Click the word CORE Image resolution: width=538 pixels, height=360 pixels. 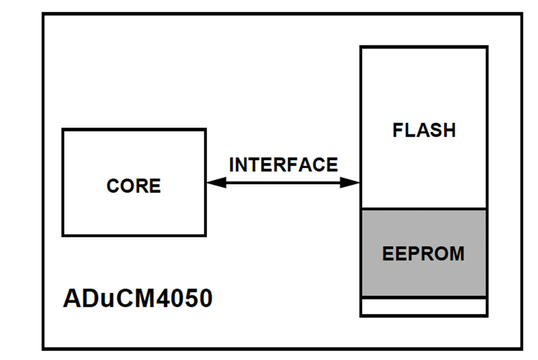coord(133,186)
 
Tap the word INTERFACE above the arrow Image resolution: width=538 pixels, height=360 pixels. coord(283,164)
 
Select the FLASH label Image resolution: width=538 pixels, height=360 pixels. coord(424,130)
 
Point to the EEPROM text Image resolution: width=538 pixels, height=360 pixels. coord(423,254)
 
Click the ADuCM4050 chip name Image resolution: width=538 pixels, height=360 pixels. coord(137,298)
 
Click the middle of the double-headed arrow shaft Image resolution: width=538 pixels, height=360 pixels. coord(283,183)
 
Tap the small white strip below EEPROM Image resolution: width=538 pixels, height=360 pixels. coord(423,306)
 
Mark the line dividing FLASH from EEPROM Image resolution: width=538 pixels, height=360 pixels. coord(423,209)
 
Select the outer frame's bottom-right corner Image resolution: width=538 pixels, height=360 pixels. coord(521,349)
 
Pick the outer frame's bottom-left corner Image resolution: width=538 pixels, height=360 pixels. coord(43,349)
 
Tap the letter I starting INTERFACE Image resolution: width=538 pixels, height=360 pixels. coord(231,164)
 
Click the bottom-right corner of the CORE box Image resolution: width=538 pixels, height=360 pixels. coord(205,235)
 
